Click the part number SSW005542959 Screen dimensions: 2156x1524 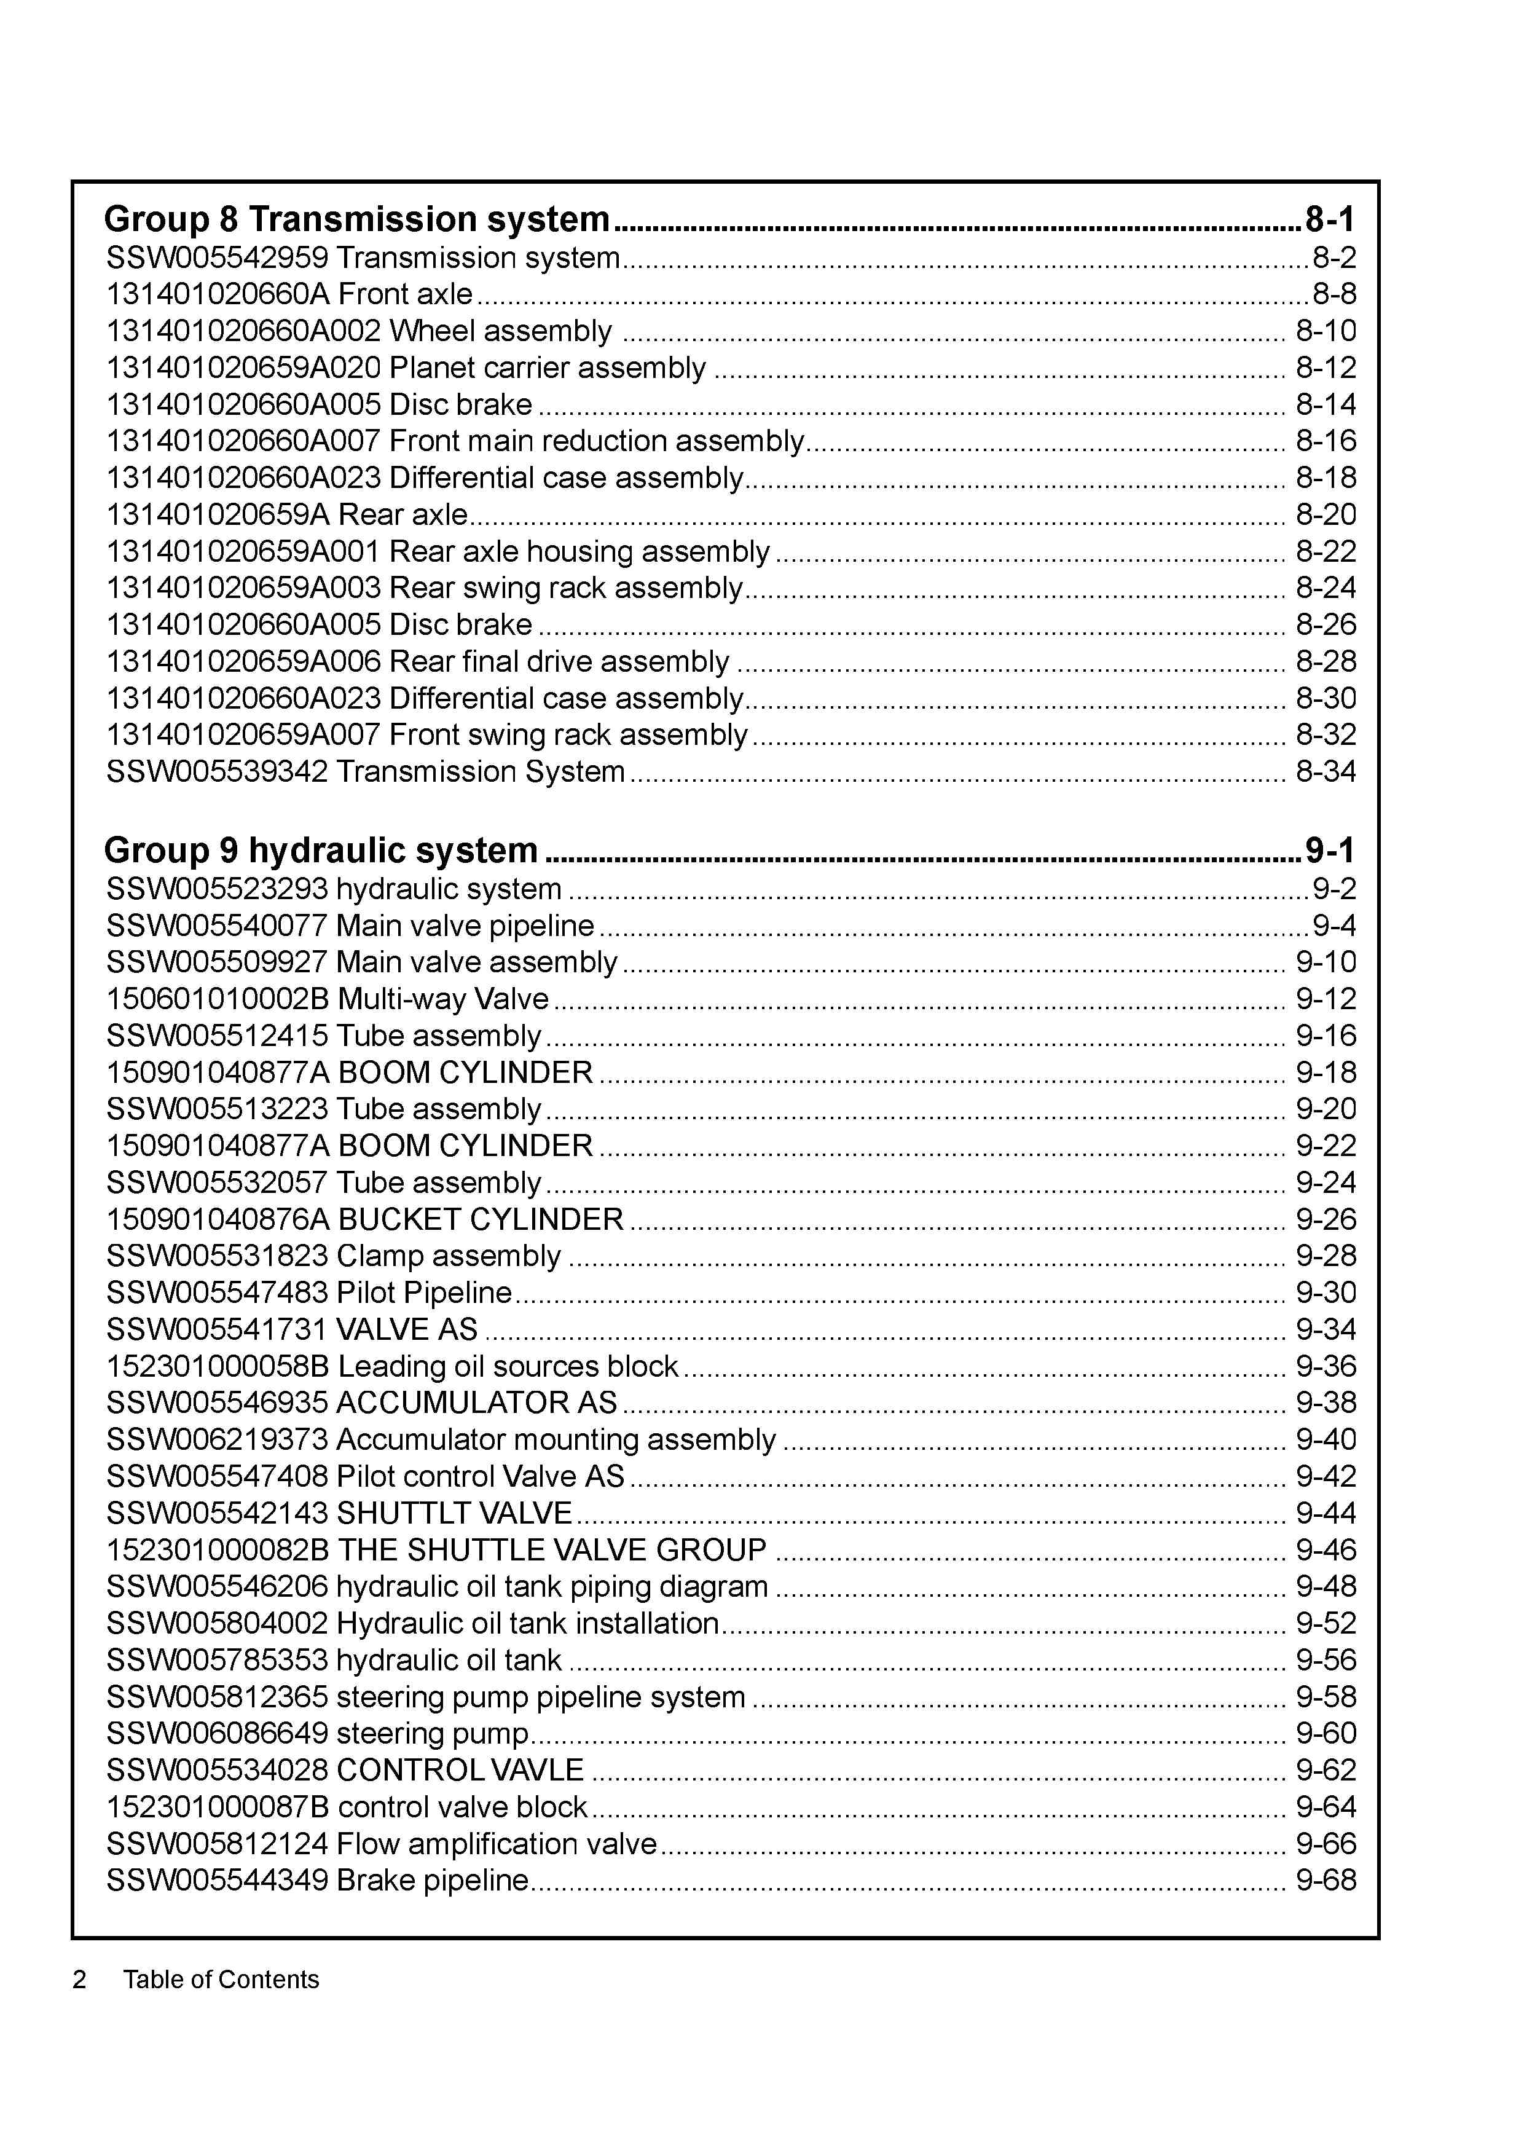(x=217, y=258)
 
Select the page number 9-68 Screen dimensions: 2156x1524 (x=1325, y=1880)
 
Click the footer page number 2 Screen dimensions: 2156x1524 (x=80, y=1980)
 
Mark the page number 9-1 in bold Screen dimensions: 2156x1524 (x=1329, y=850)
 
